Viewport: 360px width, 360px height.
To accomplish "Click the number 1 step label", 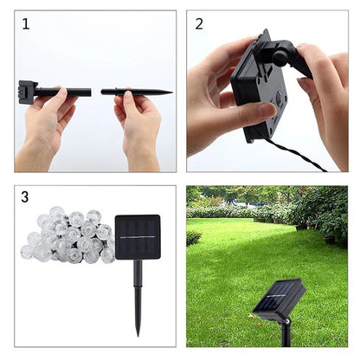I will coord(26,24).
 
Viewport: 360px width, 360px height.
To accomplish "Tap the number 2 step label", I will coord(199,24).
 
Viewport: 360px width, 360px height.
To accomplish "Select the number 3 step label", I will coord(26,197).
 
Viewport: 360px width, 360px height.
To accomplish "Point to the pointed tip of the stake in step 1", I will coord(168,92).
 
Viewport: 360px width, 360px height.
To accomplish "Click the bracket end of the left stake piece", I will coord(25,90).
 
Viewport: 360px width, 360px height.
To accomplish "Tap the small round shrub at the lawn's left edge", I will coord(194,237).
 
